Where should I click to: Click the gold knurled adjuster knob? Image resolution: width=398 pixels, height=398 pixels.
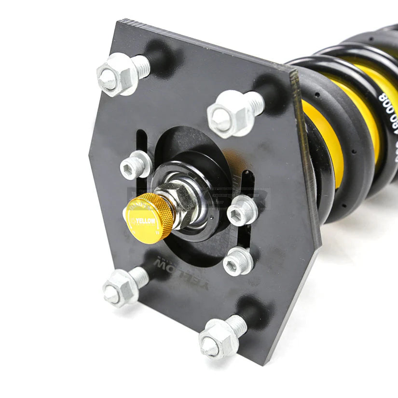pyautogui.click(x=150, y=217)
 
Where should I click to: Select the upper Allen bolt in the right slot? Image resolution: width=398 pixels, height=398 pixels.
pyautogui.click(x=242, y=210)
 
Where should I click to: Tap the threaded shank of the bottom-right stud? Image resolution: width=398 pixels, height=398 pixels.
pyautogui.click(x=237, y=326)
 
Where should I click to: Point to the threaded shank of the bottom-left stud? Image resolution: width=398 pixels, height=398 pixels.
pyautogui.click(x=139, y=275)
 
